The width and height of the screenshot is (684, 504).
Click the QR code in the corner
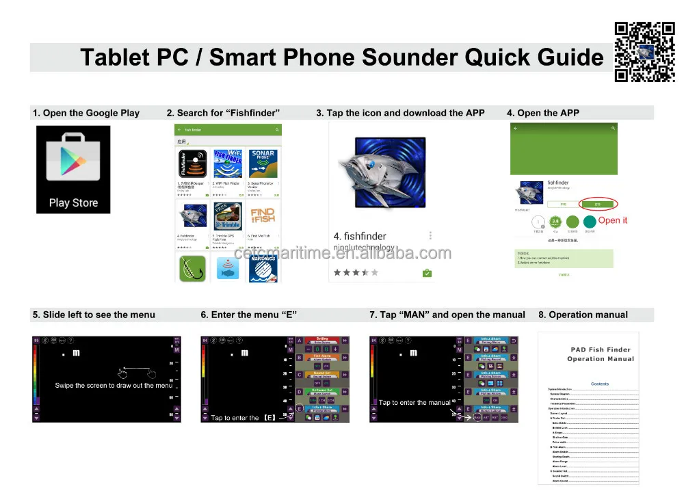pos(645,52)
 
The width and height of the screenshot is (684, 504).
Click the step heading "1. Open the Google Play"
pos(85,113)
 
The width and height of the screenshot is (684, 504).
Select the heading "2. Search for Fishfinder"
pos(223,113)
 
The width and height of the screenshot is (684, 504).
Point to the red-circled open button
pos(598,203)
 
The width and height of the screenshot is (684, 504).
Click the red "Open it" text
pos(612,220)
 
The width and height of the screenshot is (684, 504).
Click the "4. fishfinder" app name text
pos(360,237)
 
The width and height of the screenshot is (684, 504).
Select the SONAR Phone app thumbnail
pos(263,164)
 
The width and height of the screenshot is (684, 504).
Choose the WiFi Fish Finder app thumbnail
pos(228,164)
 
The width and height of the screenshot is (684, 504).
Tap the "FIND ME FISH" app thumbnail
pos(263,217)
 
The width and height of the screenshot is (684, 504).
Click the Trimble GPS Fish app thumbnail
pos(228,217)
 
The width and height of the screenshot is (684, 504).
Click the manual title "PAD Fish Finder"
pos(602,349)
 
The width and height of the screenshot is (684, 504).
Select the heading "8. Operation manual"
pos(583,315)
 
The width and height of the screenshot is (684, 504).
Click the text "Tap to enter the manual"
pos(415,403)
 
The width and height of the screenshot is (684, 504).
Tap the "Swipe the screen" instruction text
pos(114,386)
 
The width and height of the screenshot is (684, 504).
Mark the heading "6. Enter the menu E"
pos(248,315)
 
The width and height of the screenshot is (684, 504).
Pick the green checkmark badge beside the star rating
pos(427,273)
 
